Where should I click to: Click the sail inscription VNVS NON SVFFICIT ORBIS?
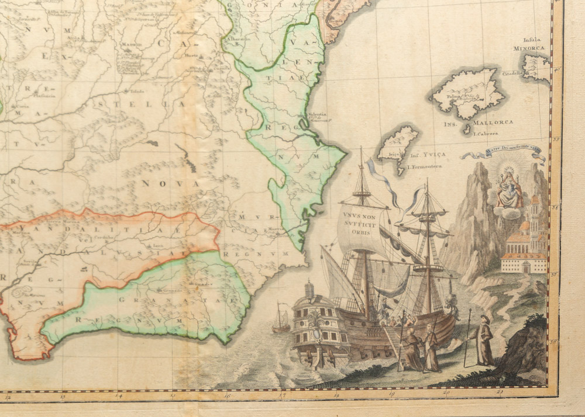pos(354,223)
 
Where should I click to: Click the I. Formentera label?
pos(424,166)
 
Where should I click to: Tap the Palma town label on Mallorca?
pos(451,98)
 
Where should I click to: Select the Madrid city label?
pos(128,44)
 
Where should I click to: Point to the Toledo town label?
pos(137,91)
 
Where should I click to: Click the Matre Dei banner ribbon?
pos(503,155)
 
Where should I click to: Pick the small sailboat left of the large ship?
pos(281,319)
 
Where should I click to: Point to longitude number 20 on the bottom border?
pos(446,392)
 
